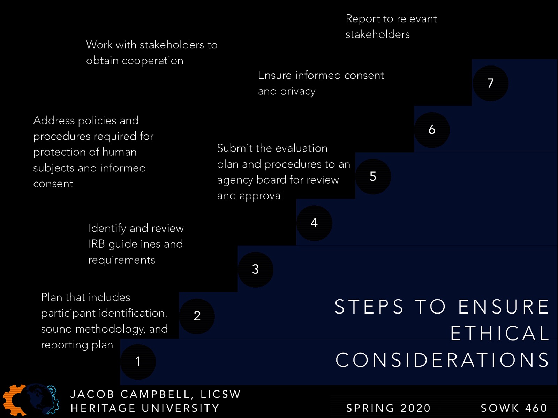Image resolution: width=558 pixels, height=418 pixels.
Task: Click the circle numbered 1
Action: (138, 362)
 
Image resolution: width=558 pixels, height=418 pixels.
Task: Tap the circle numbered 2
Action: (197, 316)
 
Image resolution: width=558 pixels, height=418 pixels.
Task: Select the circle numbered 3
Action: (255, 269)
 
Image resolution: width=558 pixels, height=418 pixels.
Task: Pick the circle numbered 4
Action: (314, 223)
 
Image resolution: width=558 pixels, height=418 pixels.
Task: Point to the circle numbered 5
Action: (373, 176)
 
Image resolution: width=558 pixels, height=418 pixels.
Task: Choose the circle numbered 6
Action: (432, 130)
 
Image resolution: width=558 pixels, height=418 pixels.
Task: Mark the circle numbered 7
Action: (490, 83)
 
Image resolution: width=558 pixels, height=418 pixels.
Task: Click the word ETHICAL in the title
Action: (499, 333)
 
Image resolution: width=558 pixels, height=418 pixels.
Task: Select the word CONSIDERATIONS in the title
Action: (442, 360)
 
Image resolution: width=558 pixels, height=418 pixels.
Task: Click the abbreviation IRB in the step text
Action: (97, 244)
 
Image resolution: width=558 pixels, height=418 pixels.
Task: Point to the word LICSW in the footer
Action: (220, 394)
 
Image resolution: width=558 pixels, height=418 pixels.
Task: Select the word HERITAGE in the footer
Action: (103, 408)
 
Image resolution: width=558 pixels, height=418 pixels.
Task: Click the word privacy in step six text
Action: (297, 91)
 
